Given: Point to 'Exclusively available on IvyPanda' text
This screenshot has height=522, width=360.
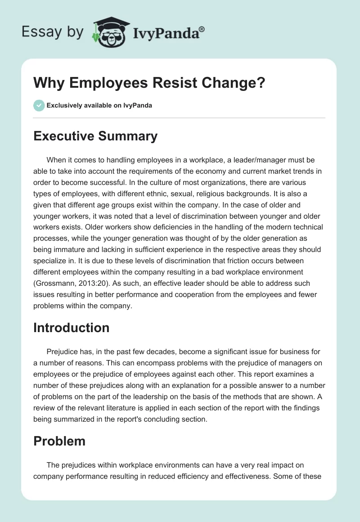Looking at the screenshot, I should point(99,106).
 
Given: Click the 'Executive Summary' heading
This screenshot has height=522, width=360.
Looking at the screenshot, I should point(95,136).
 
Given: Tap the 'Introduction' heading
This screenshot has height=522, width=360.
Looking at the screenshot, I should point(71,328).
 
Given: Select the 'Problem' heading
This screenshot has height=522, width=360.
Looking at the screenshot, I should point(59,441).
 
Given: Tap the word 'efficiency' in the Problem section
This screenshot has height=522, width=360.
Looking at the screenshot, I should point(197,476).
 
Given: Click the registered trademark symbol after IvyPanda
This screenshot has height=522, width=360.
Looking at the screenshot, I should point(202,28).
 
